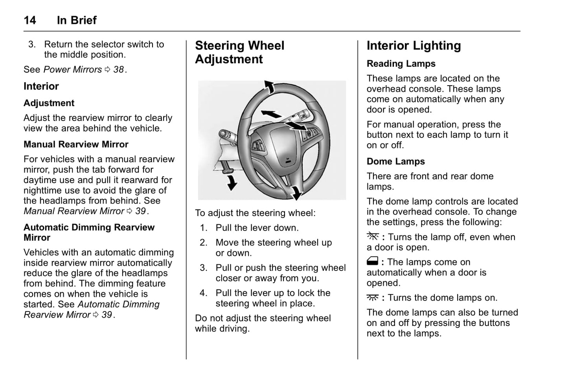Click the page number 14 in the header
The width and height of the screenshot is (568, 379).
[30, 20]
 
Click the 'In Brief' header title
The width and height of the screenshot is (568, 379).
[77, 20]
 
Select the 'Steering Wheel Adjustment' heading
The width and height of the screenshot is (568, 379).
[239, 52]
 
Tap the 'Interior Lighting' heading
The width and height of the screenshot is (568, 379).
[414, 46]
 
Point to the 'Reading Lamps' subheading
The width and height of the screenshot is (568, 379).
[401, 64]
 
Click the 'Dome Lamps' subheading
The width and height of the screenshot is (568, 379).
[395, 161]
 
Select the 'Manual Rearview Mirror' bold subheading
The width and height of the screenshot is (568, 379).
[76, 145]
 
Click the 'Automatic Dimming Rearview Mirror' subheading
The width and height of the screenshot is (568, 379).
[89, 233]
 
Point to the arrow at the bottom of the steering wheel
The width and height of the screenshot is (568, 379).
[296, 193]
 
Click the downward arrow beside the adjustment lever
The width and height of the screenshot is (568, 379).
[232, 183]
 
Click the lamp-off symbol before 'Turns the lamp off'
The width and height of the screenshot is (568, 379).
[372, 236]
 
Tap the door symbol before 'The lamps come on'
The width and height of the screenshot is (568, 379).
[372, 261]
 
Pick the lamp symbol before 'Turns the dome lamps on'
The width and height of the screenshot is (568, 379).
[372, 298]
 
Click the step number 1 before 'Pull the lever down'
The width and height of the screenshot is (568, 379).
[203, 228]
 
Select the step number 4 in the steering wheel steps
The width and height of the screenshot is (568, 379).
[203, 293]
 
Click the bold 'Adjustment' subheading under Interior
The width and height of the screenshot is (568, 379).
[49, 103]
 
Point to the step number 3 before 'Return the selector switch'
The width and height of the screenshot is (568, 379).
[32, 44]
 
